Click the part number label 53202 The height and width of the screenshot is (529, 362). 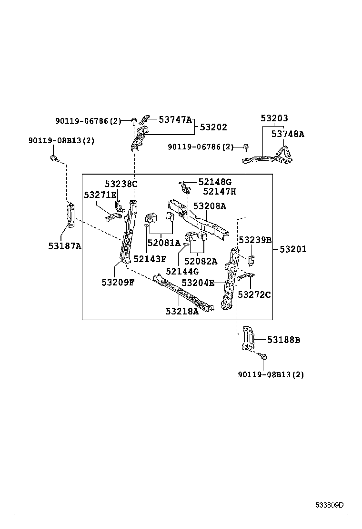(x=213, y=127)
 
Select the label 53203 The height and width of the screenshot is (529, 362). (x=274, y=118)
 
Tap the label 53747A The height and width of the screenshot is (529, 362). (x=175, y=120)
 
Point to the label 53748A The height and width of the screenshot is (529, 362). (x=288, y=134)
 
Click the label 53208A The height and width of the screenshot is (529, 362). (x=210, y=206)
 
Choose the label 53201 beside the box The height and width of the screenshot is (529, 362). (x=293, y=249)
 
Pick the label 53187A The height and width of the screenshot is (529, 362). (x=65, y=245)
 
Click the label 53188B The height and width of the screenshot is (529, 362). (x=283, y=340)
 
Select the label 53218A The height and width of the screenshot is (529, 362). (x=182, y=311)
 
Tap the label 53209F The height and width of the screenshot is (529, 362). (x=118, y=282)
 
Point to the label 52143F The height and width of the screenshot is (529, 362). (x=150, y=259)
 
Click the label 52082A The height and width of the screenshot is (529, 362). (x=201, y=261)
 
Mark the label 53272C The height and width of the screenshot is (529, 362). (x=254, y=294)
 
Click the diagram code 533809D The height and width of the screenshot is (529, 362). (x=329, y=505)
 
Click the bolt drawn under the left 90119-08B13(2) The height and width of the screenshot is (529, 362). (x=54, y=158)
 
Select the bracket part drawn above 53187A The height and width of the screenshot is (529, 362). (x=70, y=215)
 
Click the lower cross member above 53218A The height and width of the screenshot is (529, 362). (x=183, y=292)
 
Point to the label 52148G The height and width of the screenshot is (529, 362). (x=215, y=182)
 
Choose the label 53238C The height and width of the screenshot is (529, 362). (x=121, y=184)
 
